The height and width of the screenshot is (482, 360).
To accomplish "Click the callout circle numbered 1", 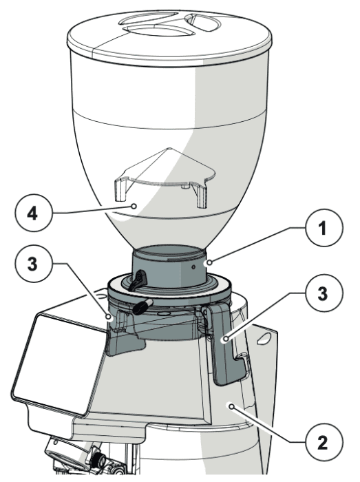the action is click(324, 229).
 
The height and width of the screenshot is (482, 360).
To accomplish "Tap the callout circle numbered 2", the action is click(324, 442).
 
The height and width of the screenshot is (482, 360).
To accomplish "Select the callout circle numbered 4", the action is click(34, 213).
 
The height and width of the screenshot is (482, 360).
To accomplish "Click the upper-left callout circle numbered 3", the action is click(34, 264).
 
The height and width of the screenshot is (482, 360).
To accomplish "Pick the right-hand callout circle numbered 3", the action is click(324, 293).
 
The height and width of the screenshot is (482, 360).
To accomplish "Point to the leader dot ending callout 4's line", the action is click(134, 206).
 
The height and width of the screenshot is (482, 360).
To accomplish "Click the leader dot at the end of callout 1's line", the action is click(209, 262).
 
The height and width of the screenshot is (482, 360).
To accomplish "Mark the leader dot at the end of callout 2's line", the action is click(232, 407).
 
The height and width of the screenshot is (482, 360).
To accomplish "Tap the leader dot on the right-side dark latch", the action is click(226, 339).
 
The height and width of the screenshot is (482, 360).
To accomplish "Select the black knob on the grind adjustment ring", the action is click(142, 306).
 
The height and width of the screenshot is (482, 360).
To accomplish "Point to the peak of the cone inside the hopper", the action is click(168, 149).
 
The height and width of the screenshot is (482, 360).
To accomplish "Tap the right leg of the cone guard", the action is click(201, 196).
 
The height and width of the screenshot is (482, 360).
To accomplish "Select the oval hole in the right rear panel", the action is click(264, 338).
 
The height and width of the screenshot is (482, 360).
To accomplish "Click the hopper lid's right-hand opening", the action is click(204, 23).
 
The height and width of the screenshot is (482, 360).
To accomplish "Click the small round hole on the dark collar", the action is click(193, 267).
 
